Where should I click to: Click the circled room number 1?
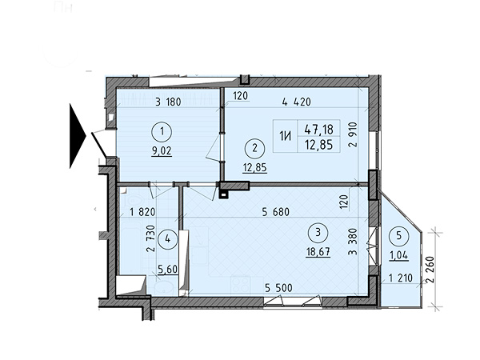(162, 132)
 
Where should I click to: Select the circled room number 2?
(254, 148)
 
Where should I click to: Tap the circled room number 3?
(318, 233)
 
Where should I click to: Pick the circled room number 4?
(167, 238)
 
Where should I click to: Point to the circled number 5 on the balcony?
(398, 236)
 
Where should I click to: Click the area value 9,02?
(162, 151)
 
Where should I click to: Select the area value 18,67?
(318, 252)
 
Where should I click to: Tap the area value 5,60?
(167, 270)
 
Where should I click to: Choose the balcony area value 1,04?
(398, 255)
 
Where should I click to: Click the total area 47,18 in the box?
(318, 129)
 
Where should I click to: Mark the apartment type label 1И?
(285, 136)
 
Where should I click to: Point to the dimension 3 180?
(168, 102)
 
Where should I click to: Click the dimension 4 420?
(296, 102)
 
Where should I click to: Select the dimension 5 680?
(275, 211)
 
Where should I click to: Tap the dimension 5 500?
(278, 288)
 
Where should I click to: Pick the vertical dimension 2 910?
(354, 135)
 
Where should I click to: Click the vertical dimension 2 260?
(430, 270)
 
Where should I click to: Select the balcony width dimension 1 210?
(401, 278)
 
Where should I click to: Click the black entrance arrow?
(78, 136)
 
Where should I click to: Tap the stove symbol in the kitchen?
(240, 285)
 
